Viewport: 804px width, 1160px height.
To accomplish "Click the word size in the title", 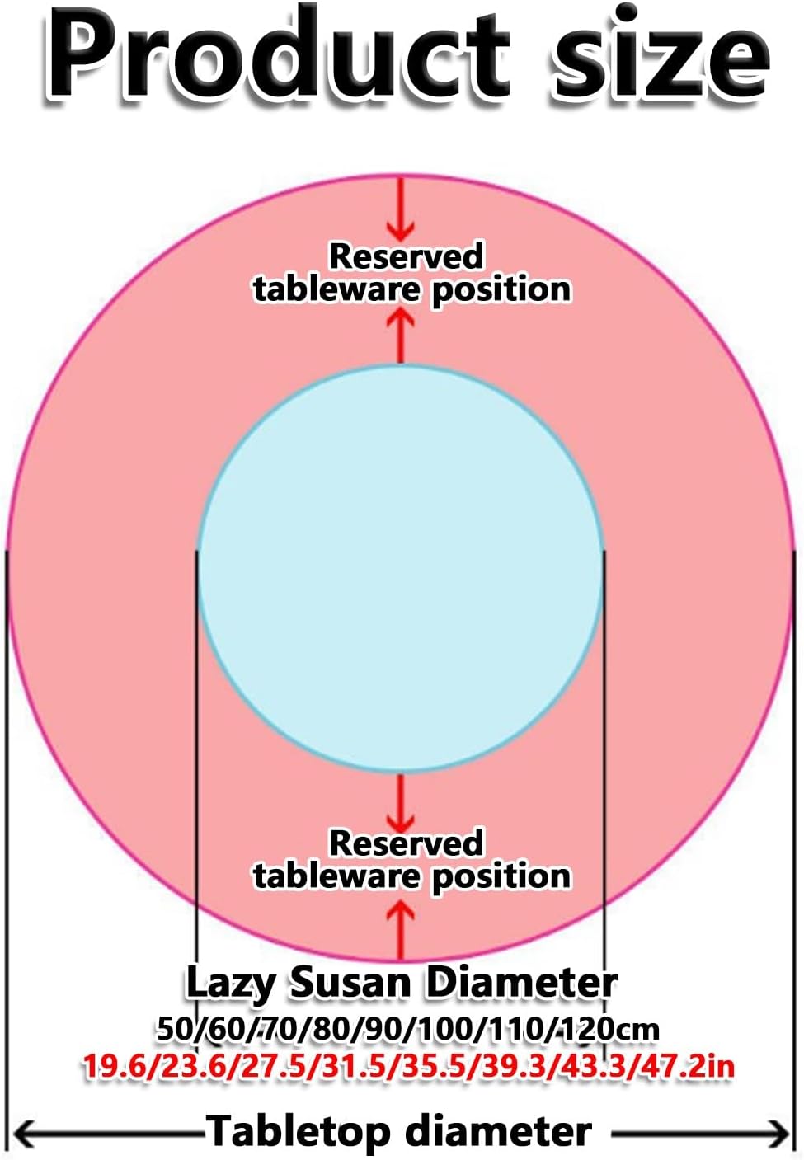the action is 660,56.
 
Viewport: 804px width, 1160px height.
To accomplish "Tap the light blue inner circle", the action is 401,569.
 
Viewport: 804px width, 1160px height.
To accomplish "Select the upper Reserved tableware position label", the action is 411,273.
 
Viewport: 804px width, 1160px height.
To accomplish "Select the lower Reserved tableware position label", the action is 411,860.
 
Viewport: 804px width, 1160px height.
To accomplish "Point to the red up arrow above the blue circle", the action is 402,334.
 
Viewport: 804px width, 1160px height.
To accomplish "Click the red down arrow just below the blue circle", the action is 402,804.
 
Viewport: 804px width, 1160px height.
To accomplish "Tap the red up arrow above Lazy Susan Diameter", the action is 402,928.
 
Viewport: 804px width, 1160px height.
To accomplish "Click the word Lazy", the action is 230,983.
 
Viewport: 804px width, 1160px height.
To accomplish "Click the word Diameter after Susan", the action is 521,983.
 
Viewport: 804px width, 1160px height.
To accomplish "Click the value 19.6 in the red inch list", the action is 114,1067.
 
